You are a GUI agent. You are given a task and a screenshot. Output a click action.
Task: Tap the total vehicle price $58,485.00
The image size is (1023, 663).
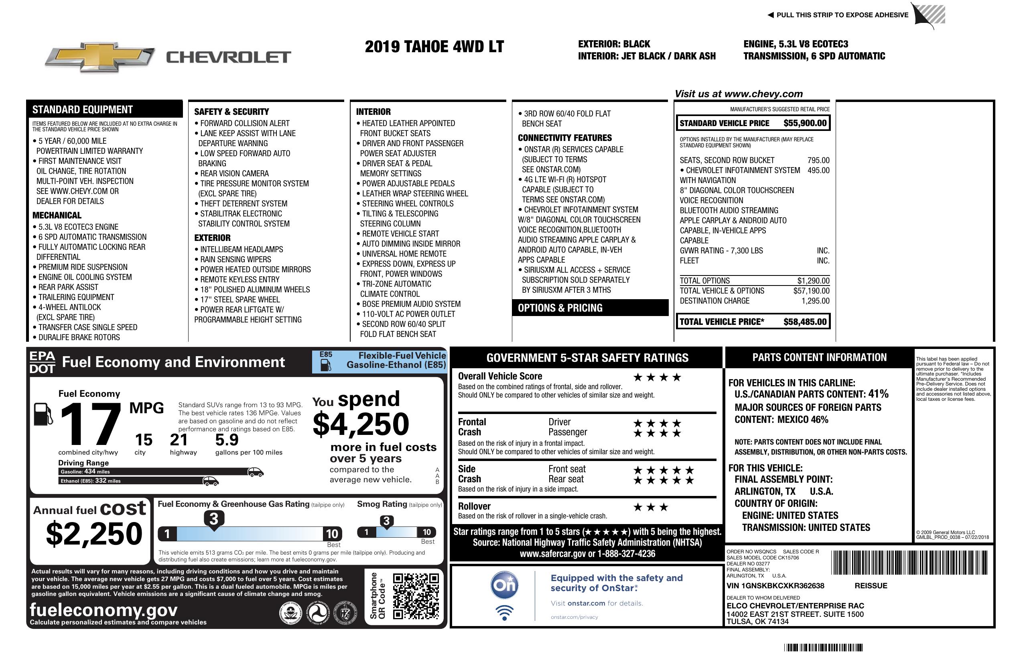[x=805, y=322]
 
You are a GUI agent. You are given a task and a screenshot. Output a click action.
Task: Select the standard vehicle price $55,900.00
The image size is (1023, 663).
[x=805, y=123]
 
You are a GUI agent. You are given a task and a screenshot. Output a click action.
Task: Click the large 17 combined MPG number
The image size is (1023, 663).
[x=90, y=424]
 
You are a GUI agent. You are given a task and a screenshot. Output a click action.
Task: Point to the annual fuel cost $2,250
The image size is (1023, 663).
[x=94, y=534]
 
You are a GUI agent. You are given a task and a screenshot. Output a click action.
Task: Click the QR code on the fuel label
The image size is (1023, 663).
[x=416, y=596]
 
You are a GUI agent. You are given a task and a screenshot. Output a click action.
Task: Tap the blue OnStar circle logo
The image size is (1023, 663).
[x=504, y=585]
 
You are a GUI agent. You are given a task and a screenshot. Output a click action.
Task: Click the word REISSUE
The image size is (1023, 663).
[x=871, y=585]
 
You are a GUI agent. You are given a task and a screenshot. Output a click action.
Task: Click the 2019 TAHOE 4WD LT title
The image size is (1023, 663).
[x=434, y=47]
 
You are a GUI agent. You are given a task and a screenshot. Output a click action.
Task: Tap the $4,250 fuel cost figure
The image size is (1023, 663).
[x=361, y=424]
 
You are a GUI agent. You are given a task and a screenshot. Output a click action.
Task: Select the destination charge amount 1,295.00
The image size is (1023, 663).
[x=815, y=301]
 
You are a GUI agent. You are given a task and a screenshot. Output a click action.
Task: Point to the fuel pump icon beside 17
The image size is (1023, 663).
[x=43, y=414]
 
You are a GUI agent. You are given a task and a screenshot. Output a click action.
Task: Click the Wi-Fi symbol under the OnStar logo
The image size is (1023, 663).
[x=504, y=612]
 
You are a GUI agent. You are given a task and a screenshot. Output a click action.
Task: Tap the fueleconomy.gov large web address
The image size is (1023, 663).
[x=104, y=610]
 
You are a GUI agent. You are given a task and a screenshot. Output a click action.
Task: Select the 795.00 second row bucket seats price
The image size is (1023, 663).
[x=818, y=160]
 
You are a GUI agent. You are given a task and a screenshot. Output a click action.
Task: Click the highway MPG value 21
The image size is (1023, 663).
[x=179, y=440]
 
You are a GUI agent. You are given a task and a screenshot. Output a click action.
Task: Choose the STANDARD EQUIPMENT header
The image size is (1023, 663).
[x=83, y=110]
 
